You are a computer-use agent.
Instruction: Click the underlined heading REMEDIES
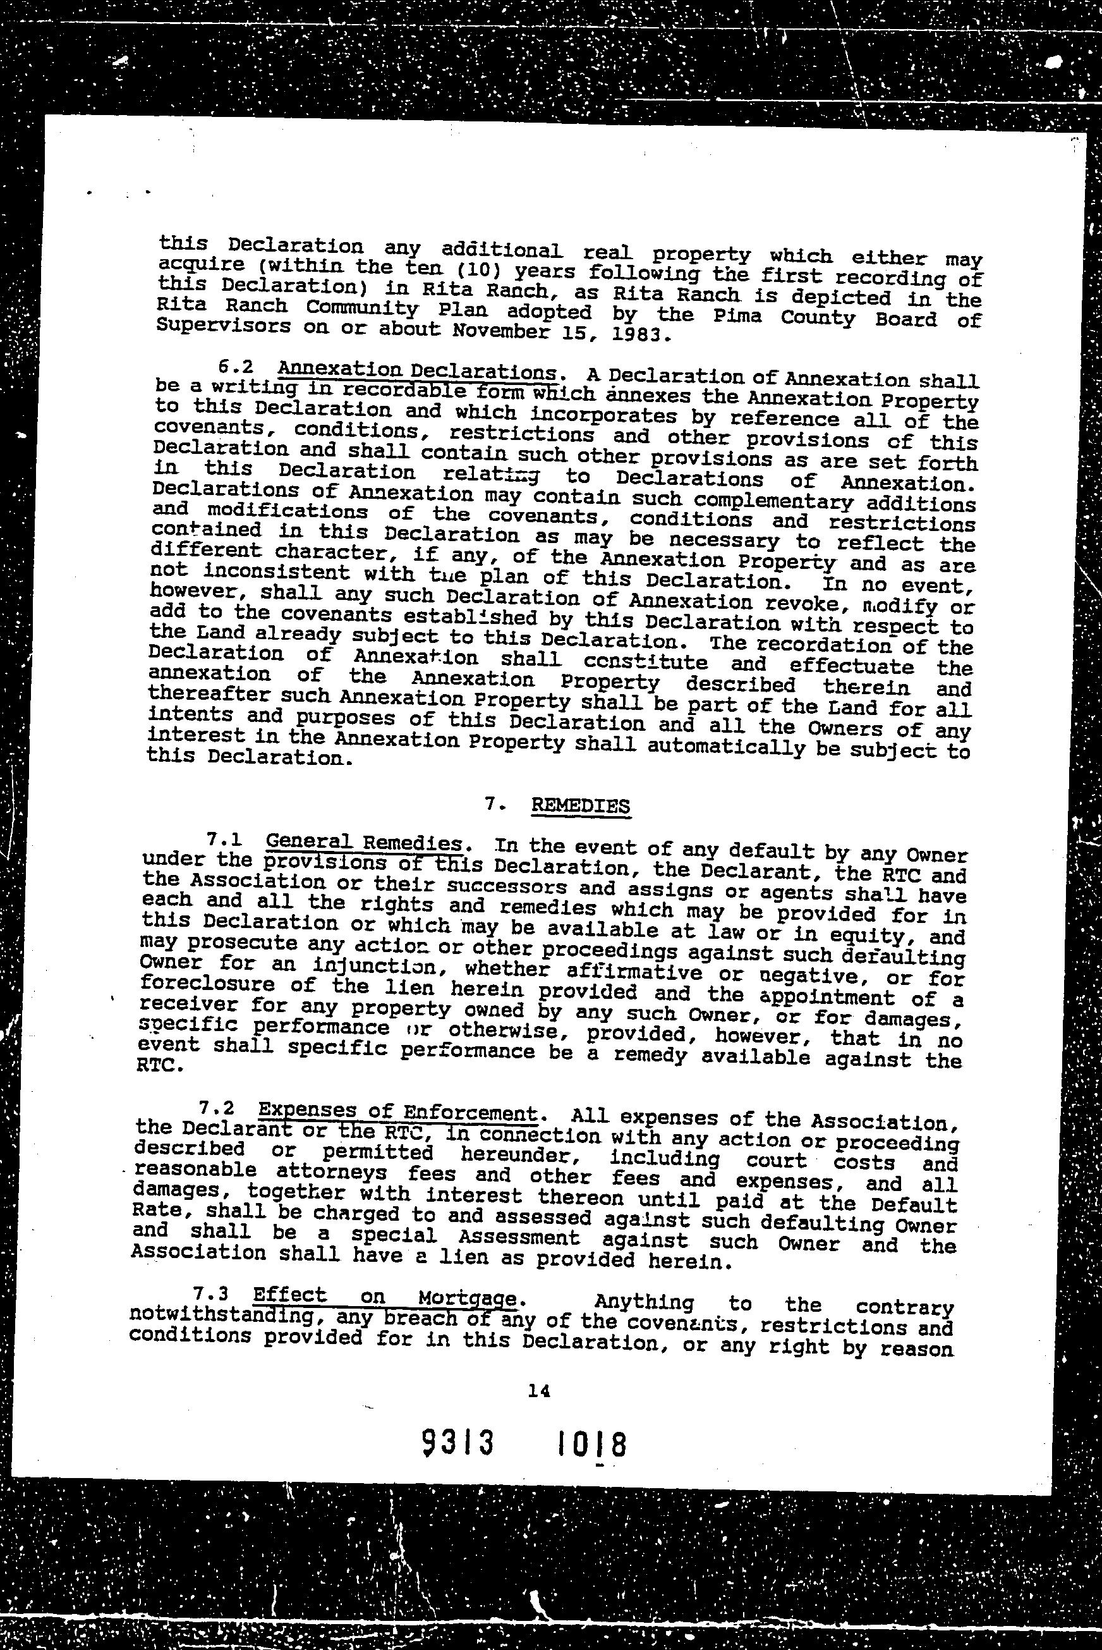tap(581, 805)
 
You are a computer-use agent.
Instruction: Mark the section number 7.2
tap(215, 1109)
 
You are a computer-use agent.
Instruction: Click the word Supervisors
tap(224, 326)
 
